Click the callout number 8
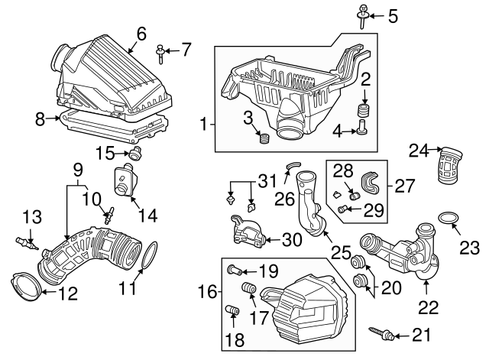coord(40,118)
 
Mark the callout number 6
coord(141,33)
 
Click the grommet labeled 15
coord(136,155)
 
